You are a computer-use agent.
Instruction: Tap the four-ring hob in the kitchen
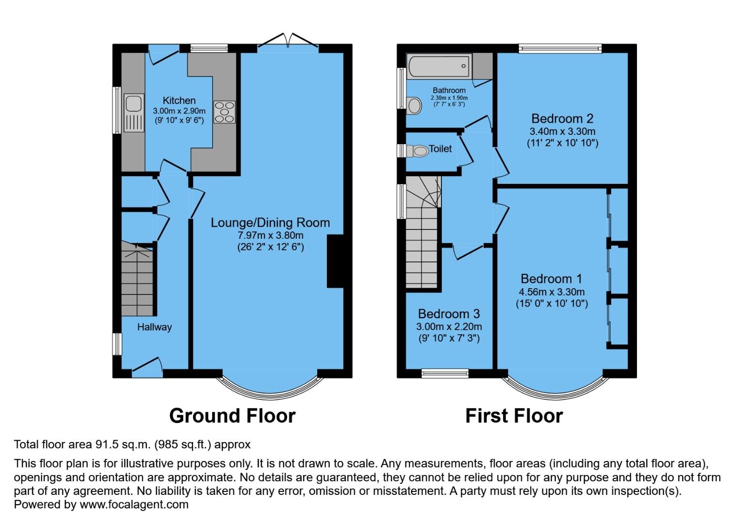point(224,112)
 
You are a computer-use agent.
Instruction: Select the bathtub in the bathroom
point(439,66)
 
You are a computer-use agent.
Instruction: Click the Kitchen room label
point(179,100)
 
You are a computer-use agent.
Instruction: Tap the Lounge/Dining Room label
point(270,223)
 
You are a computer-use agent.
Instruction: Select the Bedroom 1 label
point(551,278)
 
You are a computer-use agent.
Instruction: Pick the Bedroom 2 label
point(562,118)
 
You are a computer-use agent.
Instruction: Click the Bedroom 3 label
point(449,313)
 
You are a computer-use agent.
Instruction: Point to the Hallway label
point(154,327)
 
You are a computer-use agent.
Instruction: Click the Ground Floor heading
point(232,416)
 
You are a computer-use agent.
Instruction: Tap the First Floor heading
point(514,416)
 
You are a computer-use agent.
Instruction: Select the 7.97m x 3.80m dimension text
point(270,235)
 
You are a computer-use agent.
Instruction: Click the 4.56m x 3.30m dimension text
point(552,292)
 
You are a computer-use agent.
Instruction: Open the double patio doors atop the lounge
point(288,42)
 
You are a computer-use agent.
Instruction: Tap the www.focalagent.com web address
point(134,504)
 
